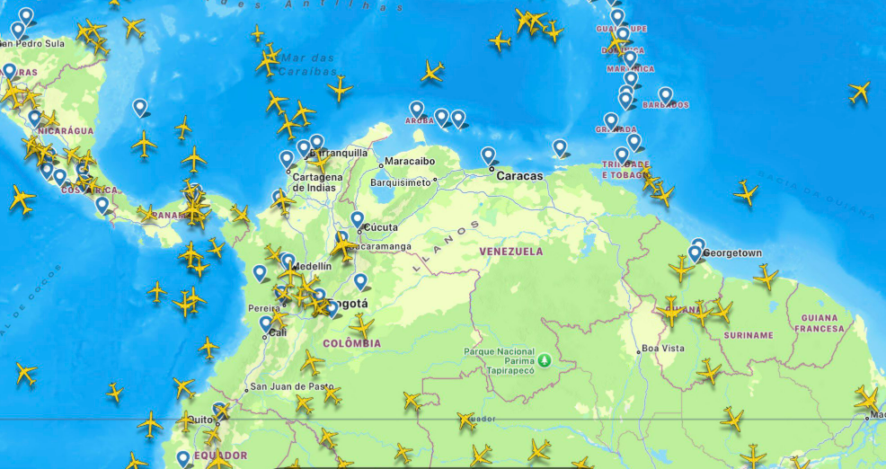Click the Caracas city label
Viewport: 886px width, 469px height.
pos(520,176)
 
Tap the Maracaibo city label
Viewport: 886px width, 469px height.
pos(410,162)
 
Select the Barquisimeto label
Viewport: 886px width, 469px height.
pos(400,181)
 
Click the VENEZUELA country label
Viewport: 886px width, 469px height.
pos(510,252)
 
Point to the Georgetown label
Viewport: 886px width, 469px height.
pos(731,253)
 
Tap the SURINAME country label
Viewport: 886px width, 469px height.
pos(748,335)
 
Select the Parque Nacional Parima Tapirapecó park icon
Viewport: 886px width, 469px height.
pos(544,364)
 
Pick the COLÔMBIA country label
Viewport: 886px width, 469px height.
pos(352,343)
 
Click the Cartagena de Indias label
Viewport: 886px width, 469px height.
pos(317,182)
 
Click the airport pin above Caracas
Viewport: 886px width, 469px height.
pos(488,155)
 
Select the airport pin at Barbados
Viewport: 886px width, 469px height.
pos(665,94)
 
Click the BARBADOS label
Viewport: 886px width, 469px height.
pos(666,105)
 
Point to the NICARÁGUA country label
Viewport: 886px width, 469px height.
pos(65,130)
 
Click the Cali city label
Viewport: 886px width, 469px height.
pos(278,332)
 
